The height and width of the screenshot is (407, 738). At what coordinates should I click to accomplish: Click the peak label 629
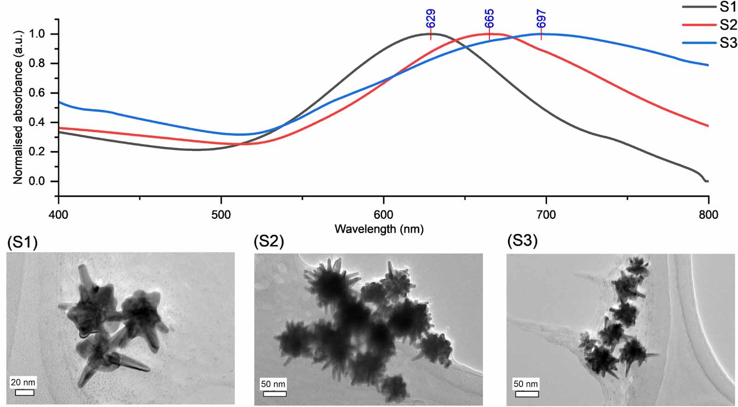(x=430, y=19)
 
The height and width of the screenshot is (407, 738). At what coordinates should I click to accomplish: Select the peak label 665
(x=489, y=19)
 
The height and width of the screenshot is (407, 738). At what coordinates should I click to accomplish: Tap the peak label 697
(x=541, y=19)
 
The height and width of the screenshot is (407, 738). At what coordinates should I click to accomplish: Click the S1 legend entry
(x=727, y=6)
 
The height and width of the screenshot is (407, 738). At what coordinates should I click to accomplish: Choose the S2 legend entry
(x=727, y=24)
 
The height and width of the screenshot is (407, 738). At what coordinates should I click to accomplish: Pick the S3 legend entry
(x=727, y=43)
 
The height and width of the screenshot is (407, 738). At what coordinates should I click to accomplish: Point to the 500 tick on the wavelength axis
(x=221, y=215)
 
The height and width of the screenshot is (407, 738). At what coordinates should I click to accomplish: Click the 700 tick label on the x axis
(x=546, y=215)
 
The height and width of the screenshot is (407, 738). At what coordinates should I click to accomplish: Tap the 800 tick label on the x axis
(x=708, y=215)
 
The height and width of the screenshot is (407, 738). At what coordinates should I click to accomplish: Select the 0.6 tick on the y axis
(x=37, y=93)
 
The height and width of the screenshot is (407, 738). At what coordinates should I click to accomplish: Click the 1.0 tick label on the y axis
(x=37, y=34)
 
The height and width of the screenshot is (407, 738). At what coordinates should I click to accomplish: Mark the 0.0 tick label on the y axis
(x=37, y=181)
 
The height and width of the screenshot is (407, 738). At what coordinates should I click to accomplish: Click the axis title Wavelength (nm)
(x=379, y=229)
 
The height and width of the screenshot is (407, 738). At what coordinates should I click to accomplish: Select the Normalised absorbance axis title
(x=18, y=108)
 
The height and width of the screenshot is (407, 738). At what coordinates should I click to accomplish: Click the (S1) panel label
(x=22, y=242)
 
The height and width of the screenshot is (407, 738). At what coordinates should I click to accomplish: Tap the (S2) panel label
(x=269, y=241)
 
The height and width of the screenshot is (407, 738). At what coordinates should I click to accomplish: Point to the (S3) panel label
(x=522, y=240)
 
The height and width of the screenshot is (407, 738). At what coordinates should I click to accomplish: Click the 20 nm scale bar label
(x=23, y=382)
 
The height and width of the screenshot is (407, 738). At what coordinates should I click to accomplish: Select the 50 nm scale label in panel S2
(x=273, y=384)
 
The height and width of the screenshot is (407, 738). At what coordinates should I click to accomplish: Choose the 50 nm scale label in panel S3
(x=525, y=384)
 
